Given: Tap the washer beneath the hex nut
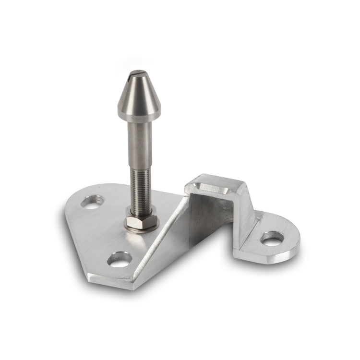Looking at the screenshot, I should tap(140, 230).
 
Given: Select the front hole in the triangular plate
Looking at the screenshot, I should tap(119, 260).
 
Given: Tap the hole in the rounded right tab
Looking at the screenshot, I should tap(272, 237).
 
